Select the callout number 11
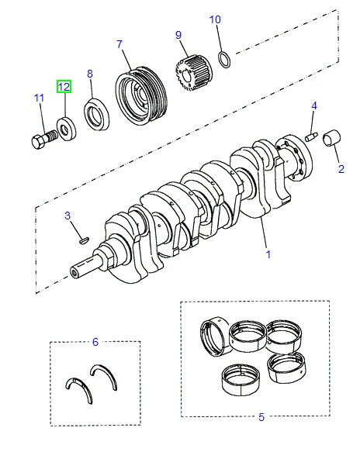pyautogui.click(x=39, y=98)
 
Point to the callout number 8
pyautogui.click(x=89, y=74)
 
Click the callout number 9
pyautogui.click(x=178, y=35)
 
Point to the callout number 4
pyautogui.click(x=314, y=105)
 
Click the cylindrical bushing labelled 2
pyautogui.click(x=336, y=140)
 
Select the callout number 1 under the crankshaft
pyautogui.click(x=268, y=254)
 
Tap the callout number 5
pyautogui.click(x=261, y=417)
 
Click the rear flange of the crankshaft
pyautogui.click(x=295, y=159)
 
